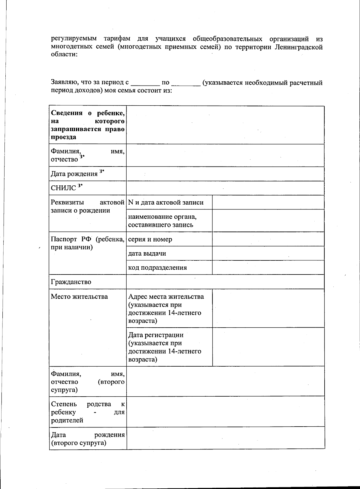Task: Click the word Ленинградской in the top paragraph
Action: pyautogui.click(x=298, y=47)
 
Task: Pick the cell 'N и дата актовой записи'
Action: pyautogui.click(x=166, y=202)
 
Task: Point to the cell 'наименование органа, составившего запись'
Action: pyautogui.click(x=162, y=220)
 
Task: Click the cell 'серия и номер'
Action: pyautogui.click(x=150, y=239)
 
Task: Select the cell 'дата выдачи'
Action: pyautogui.click(x=147, y=253)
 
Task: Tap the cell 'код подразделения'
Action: pyautogui.click(x=157, y=268)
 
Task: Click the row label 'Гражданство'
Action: pyautogui.click(x=71, y=282)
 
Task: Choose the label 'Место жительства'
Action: pyautogui.click(x=79, y=297)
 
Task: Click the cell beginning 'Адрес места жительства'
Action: pyautogui.click(x=166, y=308)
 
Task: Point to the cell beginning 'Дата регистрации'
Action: pyautogui.click(x=165, y=347)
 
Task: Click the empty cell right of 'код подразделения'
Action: pyautogui.click(x=268, y=268)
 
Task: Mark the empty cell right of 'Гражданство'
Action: pyautogui.click(x=225, y=282)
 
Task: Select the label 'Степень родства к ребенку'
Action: pyautogui.click(x=88, y=412)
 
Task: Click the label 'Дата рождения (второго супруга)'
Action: pyautogui.click(x=88, y=439)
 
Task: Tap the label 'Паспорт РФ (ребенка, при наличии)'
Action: pyautogui.click(x=88, y=243)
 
